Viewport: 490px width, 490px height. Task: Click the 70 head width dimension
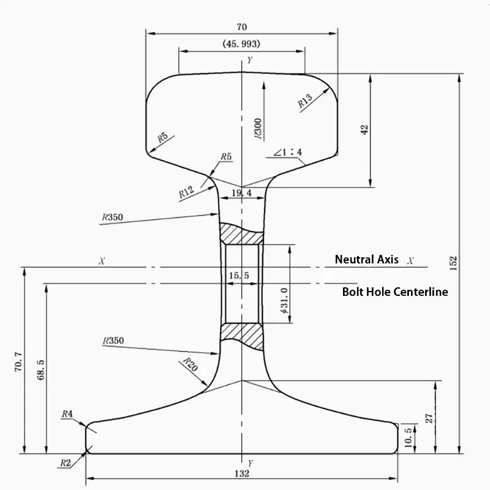pos(241,26)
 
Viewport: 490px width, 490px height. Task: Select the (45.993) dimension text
pos(241,43)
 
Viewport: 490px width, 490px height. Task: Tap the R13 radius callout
pos(305,100)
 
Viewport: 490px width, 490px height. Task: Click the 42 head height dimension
pos(364,130)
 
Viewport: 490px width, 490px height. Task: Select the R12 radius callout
pos(186,192)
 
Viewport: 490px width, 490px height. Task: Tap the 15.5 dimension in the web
pos(239,276)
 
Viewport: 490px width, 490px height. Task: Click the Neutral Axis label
pos(366,260)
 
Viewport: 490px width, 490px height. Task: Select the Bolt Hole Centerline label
pos(394,292)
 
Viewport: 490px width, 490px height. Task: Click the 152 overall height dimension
pos(453,262)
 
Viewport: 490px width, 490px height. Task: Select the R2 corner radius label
pos(66,462)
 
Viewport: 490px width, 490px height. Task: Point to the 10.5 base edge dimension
pos(409,438)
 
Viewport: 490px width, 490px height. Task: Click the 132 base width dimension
pos(242,473)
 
